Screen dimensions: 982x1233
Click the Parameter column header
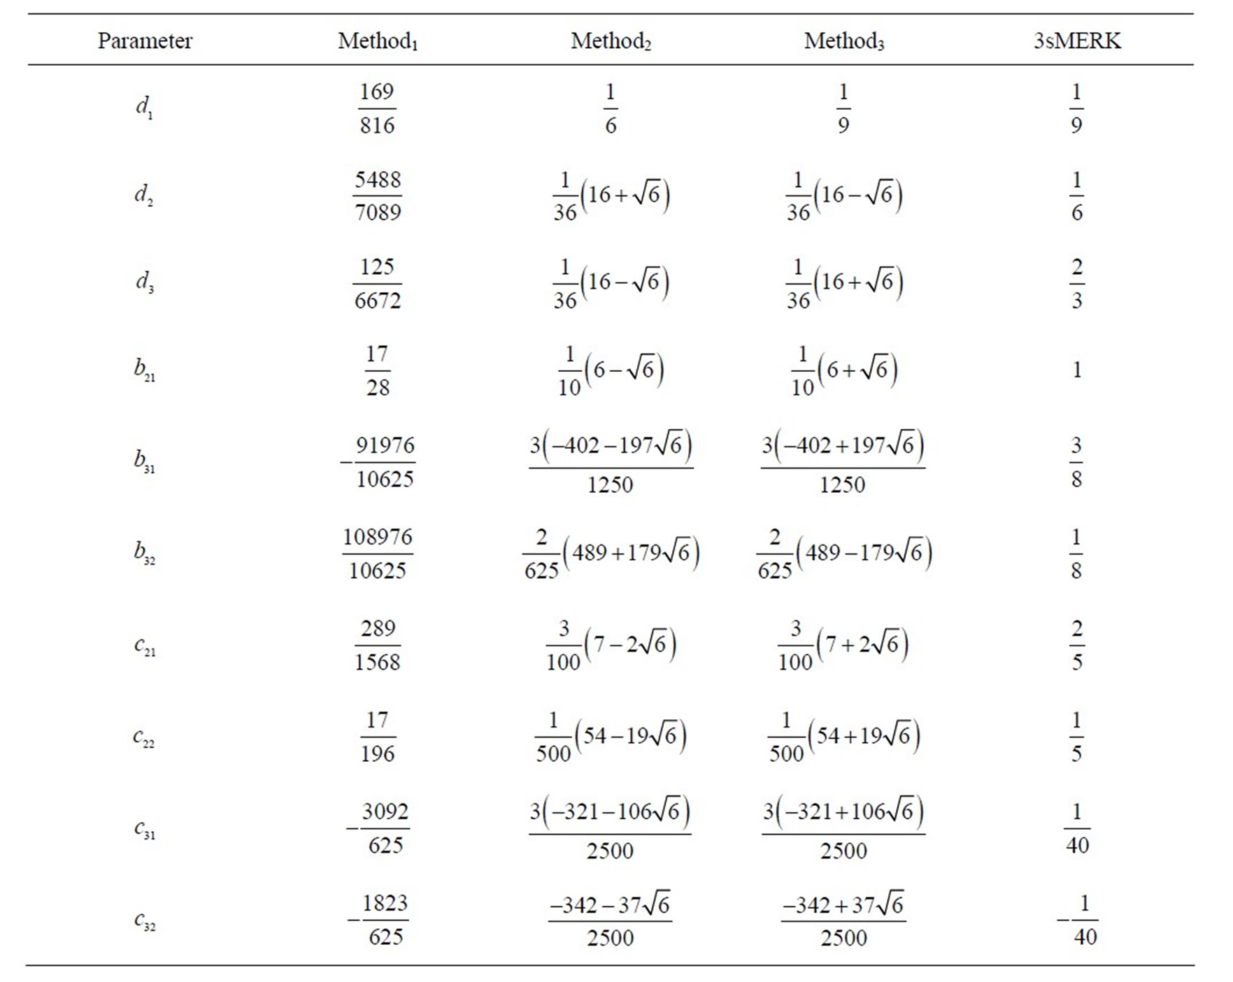[145, 41]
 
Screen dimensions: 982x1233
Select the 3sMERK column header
[1077, 41]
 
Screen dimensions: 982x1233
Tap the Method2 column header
[611, 41]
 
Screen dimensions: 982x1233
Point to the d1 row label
[144, 108]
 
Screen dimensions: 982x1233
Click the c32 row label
[144, 920]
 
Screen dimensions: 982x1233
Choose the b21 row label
[144, 369]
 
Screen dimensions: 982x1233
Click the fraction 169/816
[377, 108]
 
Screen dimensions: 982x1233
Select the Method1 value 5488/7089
[378, 196]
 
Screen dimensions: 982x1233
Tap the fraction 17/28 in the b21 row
[378, 370]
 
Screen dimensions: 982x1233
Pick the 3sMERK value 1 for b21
[1077, 370]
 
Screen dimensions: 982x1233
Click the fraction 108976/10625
[378, 554]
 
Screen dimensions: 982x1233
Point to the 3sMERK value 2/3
[1077, 283]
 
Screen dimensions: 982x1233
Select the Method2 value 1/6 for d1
[611, 108]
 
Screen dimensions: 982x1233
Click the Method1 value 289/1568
[378, 645]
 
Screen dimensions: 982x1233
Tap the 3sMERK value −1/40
[1078, 920]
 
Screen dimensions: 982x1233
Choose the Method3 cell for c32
[843, 920]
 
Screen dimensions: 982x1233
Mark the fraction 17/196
[378, 737]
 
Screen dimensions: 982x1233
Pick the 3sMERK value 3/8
[1076, 462]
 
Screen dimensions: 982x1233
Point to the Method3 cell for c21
[843, 645]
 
